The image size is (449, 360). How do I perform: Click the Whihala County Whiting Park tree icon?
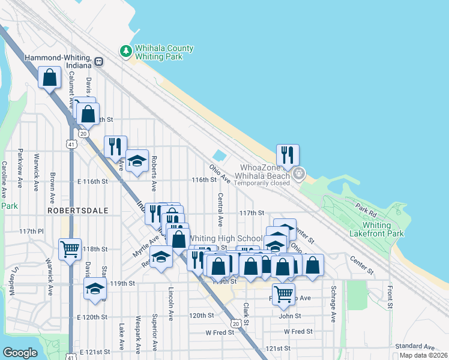[127, 52]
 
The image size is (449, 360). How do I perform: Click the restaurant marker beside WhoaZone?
[288, 155]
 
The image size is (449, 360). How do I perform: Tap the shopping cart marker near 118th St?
[70, 249]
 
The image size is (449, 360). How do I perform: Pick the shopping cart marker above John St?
[283, 294]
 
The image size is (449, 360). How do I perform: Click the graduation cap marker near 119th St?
[94, 289]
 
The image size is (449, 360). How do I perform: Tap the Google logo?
[20, 353]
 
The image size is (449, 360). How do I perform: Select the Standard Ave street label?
[414, 347]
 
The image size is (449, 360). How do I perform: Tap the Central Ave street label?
[220, 209]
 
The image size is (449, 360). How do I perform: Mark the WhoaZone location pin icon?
[299, 175]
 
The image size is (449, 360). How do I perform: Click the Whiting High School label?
[225, 239]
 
